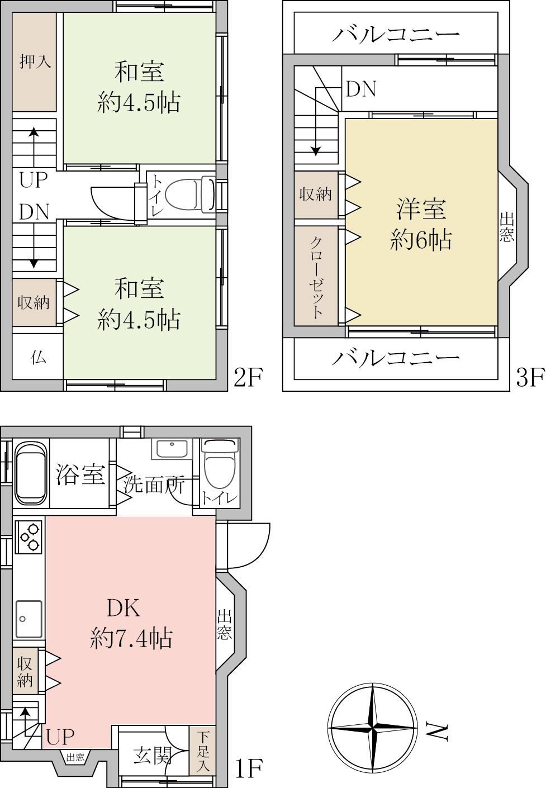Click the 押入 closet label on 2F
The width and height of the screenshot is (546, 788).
click(35, 62)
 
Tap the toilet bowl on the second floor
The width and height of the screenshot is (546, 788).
click(190, 195)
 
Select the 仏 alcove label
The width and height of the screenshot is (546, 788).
click(38, 358)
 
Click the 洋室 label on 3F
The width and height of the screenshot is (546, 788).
click(421, 209)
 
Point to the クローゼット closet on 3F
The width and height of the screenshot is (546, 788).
click(316, 276)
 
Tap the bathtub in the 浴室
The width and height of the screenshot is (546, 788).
click(31, 472)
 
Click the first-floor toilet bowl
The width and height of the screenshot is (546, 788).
click(220, 464)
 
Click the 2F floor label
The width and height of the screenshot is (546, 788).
click(248, 377)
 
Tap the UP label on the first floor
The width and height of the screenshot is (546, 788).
click(60, 737)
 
